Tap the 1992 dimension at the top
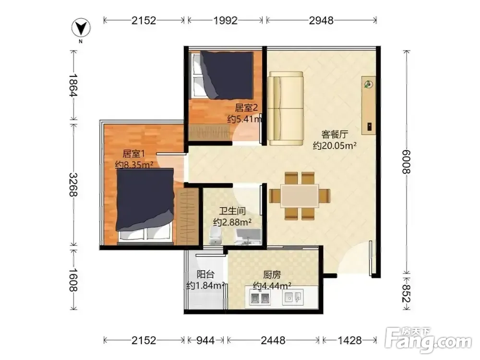click(x=225, y=21)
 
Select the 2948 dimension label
click(x=321, y=21)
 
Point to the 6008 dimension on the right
click(x=406, y=162)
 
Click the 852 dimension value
click(x=406, y=293)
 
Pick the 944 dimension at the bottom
click(x=205, y=340)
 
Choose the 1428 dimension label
click(x=349, y=340)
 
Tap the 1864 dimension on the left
click(x=73, y=85)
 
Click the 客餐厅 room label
click(x=335, y=134)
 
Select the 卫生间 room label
click(x=232, y=211)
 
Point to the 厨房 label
click(x=272, y=275)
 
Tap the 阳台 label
click(x=205, y=274)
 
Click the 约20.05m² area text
click(x=335, y=146)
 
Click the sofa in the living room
click(x=285, y=108)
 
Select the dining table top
click(x=300, y=196)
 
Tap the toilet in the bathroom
click(x=215, y=236)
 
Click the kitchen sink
click(x=293, y=297)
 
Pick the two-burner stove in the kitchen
click(x=260, y=297)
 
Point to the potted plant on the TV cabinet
click(x=369, y=84)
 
